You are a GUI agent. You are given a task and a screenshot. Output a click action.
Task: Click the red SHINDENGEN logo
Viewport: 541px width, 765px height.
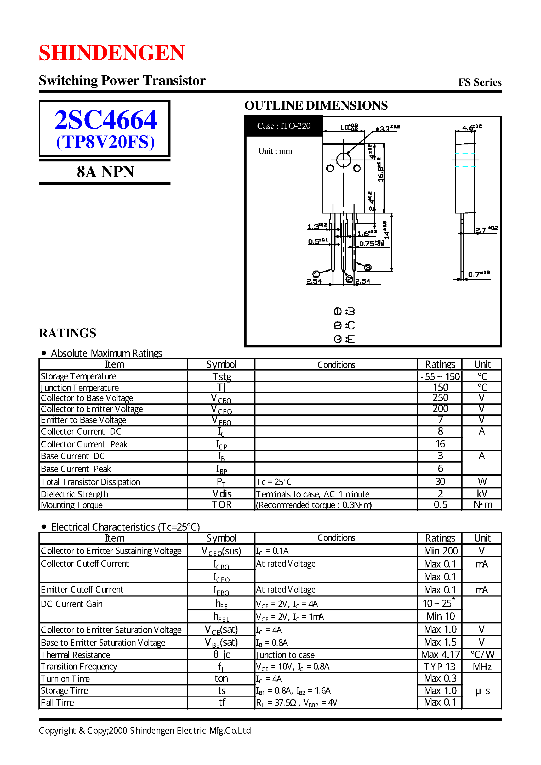point(112,53)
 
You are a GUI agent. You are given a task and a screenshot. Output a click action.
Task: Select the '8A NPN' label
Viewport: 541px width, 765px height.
point(105,172)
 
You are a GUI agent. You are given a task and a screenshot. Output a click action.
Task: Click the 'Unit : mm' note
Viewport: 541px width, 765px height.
point(275,151)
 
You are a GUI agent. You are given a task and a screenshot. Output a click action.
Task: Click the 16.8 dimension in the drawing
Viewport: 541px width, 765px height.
point(380,170)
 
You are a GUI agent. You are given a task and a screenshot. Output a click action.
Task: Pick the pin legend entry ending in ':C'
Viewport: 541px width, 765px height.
point(344,325)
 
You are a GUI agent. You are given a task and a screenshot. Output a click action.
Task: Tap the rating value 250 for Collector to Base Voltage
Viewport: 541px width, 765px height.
point(440,398)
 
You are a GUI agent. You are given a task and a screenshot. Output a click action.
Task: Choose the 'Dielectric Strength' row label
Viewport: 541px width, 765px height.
point(74,494)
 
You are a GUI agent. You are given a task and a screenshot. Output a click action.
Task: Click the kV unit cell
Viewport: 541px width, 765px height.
point(482,494)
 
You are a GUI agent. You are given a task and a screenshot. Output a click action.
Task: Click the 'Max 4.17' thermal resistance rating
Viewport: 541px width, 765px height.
point(440,654)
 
